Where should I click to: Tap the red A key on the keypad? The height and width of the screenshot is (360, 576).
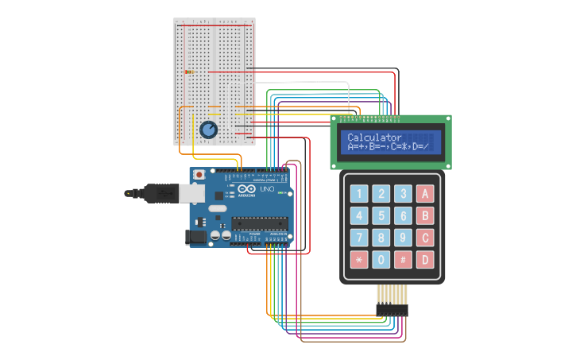[x=425, y=193]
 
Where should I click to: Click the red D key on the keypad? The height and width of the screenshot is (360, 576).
[x=425, y=259]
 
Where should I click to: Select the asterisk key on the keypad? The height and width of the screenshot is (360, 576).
[x=359, y=259]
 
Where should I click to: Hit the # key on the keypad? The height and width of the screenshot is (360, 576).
[x=404, y=259]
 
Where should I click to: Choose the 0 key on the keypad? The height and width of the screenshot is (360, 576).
[x=381, y=259]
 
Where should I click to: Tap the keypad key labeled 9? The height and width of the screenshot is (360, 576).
[x=404, y=238]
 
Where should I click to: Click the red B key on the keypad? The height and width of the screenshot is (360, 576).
[x=425, y=215]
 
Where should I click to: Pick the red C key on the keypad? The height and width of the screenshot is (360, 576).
[x=425, y=238]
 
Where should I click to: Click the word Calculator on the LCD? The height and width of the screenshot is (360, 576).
[x=374, y=137]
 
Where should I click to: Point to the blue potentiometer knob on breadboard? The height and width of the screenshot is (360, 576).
[x=208, y=129]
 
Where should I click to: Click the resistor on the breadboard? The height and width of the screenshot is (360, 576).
[x=189, y=72]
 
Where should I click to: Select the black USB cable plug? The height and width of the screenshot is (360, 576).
[x=159, y=192]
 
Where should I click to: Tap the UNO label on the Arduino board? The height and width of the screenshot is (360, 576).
[x=267, y=191]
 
